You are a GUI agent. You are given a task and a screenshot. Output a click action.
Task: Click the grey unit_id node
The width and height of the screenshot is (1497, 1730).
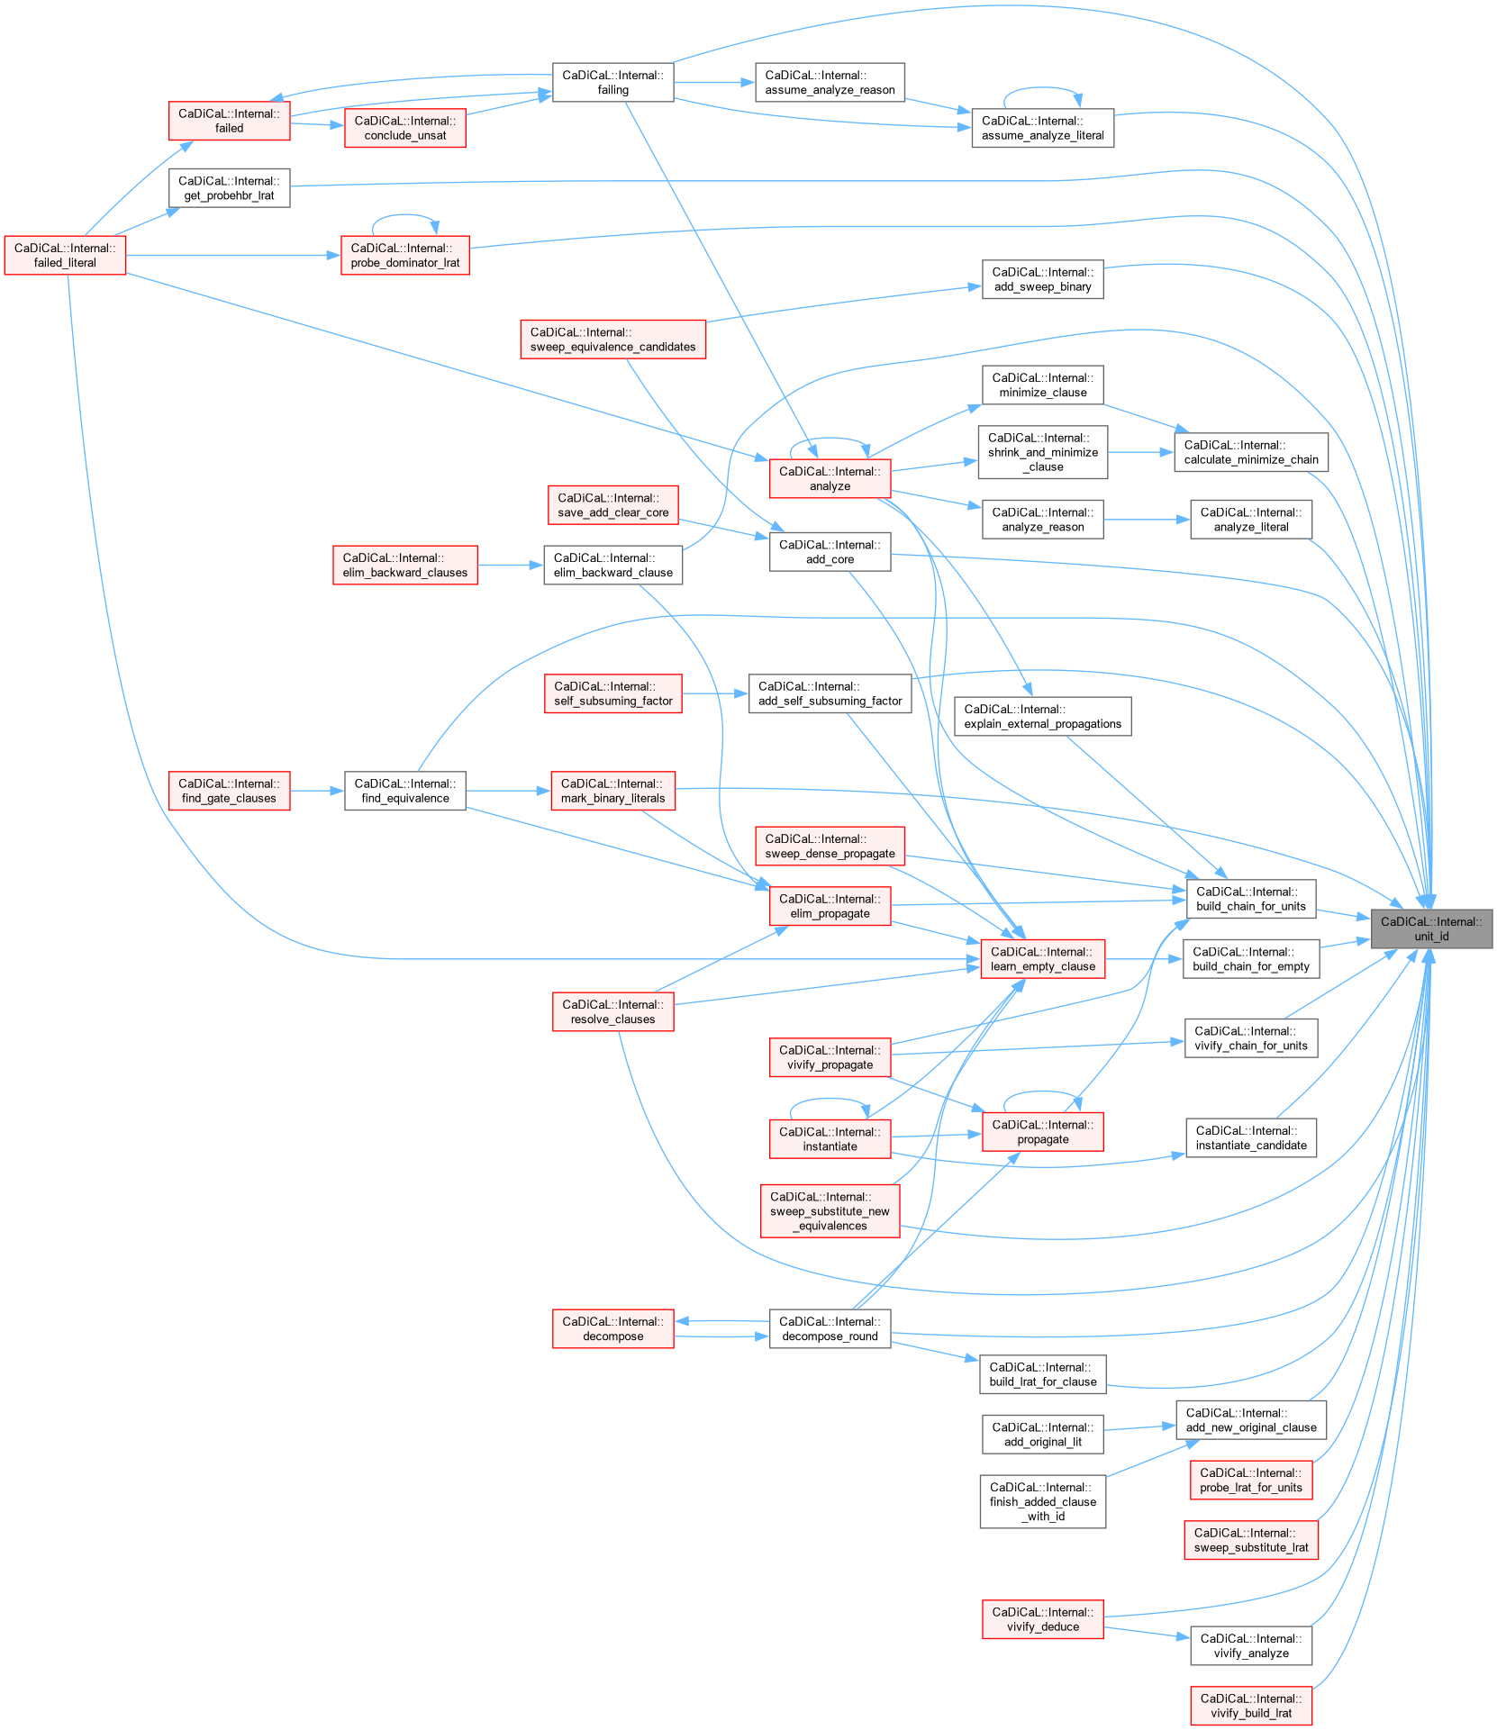1430,928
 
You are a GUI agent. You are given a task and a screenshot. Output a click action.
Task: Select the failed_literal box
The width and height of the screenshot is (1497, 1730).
65,255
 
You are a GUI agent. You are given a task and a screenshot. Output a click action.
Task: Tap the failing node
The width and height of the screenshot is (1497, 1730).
612,82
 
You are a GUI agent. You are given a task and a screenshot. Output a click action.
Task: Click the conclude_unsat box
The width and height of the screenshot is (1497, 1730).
405,128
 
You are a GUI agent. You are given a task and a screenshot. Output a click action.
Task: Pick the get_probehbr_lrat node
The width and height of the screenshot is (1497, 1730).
229,188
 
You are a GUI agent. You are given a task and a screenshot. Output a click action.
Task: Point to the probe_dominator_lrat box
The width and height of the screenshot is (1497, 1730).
404,255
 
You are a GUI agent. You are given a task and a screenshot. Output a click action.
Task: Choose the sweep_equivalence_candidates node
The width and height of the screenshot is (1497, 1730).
612,340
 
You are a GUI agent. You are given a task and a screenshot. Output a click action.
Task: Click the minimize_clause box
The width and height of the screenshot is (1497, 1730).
1042,385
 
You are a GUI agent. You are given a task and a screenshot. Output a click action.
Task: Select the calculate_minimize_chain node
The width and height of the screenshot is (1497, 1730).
1250,452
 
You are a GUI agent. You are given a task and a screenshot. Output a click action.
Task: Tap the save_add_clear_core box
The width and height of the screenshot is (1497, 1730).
612,505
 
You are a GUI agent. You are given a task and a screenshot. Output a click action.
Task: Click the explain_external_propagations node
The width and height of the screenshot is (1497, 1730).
1042,716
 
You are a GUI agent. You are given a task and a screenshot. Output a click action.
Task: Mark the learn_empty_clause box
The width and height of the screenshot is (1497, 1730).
1042,959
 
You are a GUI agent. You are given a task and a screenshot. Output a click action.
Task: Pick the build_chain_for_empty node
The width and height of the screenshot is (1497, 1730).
1250,959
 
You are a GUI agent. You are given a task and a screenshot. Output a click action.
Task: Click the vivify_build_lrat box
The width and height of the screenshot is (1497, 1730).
1250,1706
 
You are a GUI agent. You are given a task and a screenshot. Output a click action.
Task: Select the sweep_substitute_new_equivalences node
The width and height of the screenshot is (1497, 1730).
830,1210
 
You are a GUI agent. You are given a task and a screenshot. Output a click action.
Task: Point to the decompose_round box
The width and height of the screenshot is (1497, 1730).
830,1328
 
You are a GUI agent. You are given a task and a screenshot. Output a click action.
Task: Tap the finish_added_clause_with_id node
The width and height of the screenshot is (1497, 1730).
1042,1501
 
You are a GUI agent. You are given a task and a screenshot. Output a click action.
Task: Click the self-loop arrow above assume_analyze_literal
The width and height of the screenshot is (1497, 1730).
1042,88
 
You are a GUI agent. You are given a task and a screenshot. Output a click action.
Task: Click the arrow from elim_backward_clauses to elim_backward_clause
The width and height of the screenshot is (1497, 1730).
510,565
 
